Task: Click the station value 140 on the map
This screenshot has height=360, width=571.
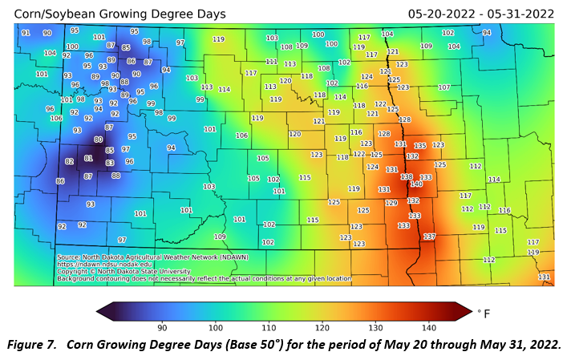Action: point(416,184)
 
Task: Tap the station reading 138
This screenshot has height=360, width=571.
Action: point(407,177)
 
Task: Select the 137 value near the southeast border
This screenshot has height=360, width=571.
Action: point(429,237)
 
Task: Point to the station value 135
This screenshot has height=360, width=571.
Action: point(420,146)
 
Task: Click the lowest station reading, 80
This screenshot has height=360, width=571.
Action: point(99,140)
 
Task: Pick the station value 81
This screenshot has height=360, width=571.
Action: point(89,159)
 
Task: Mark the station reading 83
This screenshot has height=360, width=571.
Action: point(110,163)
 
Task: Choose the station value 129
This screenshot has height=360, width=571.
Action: point(391,204)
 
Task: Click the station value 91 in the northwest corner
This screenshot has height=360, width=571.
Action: point(26,33)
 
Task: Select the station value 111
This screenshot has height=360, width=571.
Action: point(271,62)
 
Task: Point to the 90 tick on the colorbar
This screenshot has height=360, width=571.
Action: point(162,326)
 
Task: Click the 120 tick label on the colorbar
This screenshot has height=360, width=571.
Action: point(322,326)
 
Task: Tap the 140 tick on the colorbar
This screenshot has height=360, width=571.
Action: point(429,326)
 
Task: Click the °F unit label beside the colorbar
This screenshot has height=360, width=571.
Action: point(484,312)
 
